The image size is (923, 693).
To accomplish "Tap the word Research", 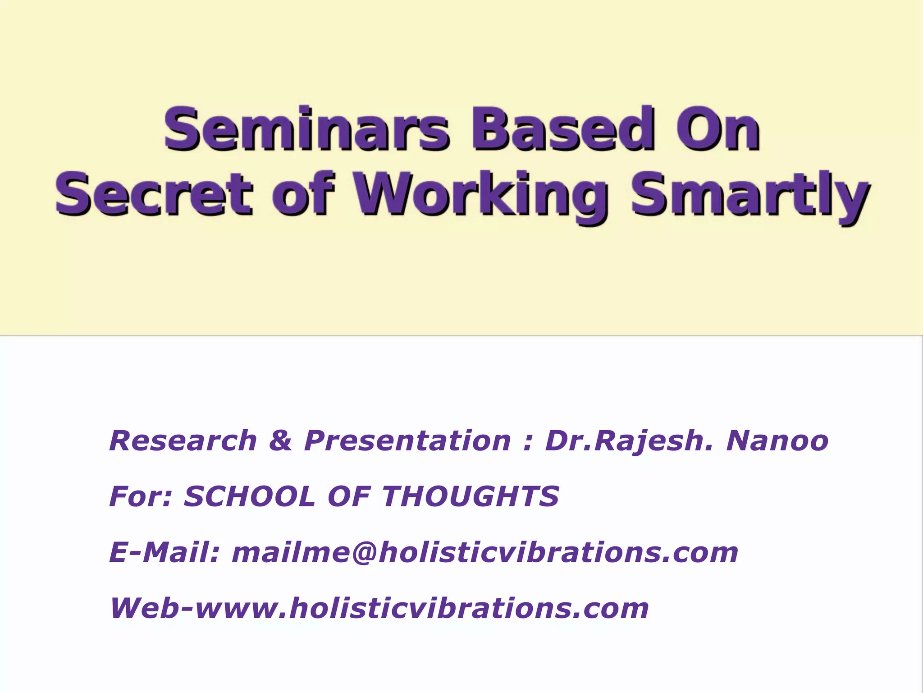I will (183, 441).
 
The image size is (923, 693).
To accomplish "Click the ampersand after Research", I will (280, 441).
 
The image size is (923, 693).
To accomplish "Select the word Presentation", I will (407, 441).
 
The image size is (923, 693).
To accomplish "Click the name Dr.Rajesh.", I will (629, 441).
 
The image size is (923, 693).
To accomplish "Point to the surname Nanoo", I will (777, 441).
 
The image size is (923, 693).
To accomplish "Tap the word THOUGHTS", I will (471, 496).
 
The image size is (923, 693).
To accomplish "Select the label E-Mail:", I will (164, 552).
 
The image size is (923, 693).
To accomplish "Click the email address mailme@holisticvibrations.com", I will (485, 552).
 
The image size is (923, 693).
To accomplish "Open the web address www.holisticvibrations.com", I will (422, 608).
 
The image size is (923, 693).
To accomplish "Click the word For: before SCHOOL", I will (140, 496).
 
